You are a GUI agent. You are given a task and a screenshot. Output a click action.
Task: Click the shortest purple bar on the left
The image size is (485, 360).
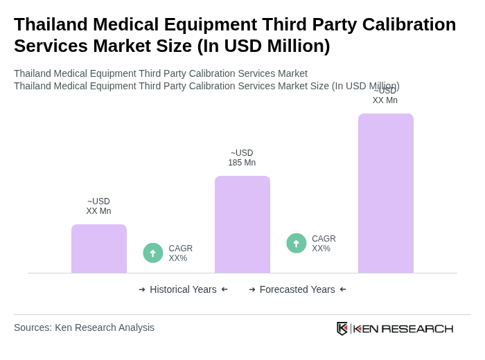pos(99,249)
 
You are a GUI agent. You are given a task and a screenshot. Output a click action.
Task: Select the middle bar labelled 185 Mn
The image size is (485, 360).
pos(242,224)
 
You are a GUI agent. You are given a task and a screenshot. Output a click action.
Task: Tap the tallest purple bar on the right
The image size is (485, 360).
pos(385,193)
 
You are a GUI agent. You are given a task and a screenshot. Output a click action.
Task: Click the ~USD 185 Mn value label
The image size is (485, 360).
pos(242,158)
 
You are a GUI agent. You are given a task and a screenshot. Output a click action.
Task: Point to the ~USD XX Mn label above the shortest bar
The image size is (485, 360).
pos(98,206)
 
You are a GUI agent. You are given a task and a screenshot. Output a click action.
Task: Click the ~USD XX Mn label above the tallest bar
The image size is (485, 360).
pos(385,96)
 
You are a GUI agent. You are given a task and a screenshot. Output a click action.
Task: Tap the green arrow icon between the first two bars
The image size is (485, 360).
pos(153,253)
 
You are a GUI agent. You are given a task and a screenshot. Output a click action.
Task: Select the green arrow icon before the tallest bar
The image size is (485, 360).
pos(297,243)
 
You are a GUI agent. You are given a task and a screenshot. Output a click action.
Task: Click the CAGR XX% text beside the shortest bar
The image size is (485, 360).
pos(180,253)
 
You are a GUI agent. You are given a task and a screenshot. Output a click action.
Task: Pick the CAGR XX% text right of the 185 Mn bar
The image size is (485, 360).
pos(324,244)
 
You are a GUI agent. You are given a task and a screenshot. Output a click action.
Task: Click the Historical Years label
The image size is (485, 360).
pos(183,289)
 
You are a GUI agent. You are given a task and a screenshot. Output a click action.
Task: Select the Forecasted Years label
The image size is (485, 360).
pos(297,289)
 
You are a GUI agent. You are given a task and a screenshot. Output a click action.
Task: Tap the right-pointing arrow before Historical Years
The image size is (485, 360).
pos(142,289)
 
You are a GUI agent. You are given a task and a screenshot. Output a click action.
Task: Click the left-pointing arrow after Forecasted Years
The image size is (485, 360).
pos(343,289)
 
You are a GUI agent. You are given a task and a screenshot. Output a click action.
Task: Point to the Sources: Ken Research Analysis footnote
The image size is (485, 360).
pos(84,327)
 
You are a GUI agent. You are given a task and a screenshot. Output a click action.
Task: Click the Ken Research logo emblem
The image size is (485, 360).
pos(342,328)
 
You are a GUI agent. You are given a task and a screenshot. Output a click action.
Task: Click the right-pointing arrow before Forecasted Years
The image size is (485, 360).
pos(252,289)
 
